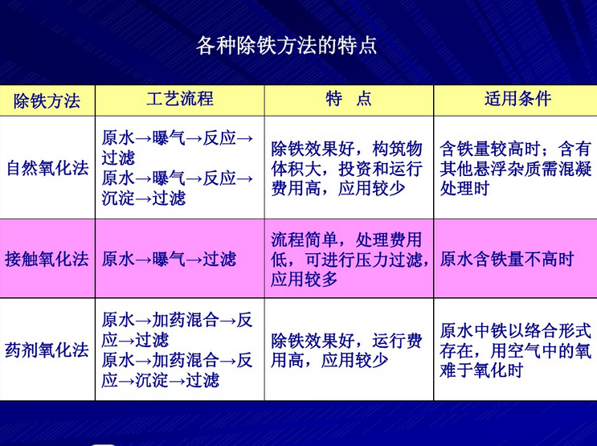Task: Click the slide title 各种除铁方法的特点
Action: point(287,44)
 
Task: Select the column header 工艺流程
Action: point(180,99)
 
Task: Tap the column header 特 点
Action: point(349,99)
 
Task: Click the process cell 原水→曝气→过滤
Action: point(170,259)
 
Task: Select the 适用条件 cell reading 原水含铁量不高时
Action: point(508,259)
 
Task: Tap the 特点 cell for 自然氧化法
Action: point(346,169)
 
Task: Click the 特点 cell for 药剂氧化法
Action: point(346,350)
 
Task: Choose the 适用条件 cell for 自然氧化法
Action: point(515,169)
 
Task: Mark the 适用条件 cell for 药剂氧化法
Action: point(515,350)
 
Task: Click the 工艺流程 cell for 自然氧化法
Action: point(178,167)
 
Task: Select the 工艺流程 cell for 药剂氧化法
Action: point(178,350)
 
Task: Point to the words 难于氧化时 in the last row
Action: point(482,370)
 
